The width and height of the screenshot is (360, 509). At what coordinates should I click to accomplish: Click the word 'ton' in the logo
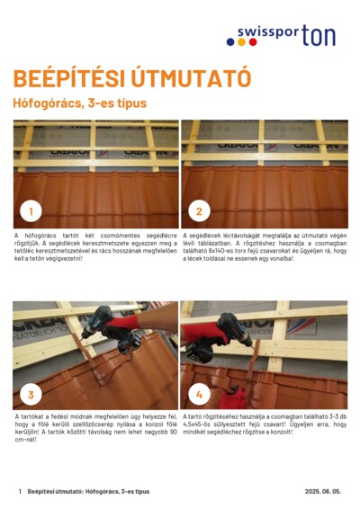(x=319, y=37)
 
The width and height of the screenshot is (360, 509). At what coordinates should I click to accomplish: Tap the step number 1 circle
(x=31, y=211)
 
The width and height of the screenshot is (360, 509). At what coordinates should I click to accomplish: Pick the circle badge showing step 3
(x=31, y=394)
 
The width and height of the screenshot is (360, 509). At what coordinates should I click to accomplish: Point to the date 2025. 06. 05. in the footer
(x=323, y=492)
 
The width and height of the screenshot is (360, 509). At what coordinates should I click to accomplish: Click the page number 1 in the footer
(x=20, y=492)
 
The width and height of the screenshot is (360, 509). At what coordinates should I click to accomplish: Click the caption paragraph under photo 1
(x=95, y=246)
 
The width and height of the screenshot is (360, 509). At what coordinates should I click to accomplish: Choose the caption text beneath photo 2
(x=264, y=246)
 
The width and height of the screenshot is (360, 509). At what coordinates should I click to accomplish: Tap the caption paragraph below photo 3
(x=95, y=428)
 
